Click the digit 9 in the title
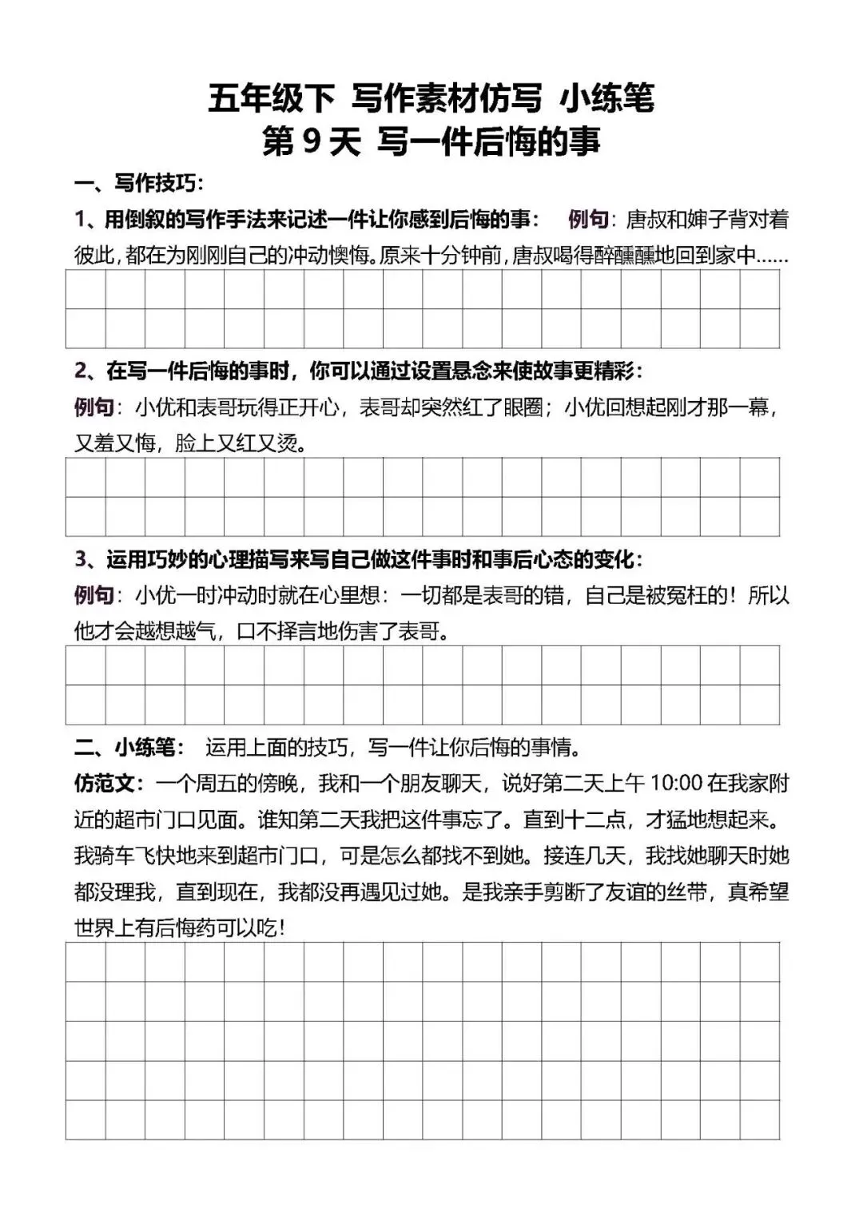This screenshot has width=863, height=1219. (x=312, y=143)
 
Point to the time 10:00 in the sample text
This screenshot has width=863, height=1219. (x=676, y=783)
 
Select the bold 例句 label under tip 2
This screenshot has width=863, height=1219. (x=93, y=407)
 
